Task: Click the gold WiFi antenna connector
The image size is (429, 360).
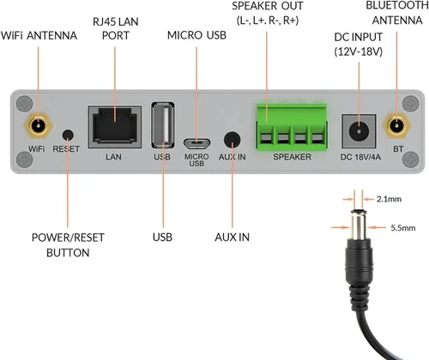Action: pos(36,127)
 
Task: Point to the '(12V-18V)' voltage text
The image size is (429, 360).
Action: pos(359,52)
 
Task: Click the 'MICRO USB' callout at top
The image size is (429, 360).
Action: pos(196,35)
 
